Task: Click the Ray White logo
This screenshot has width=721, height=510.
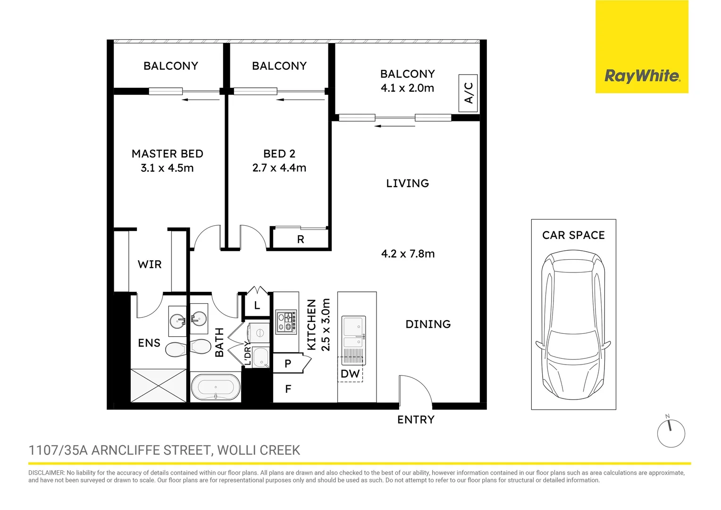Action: [642, 76]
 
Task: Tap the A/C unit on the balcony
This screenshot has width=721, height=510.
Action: [468, 93]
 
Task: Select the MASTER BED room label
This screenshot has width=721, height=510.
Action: [168, 154]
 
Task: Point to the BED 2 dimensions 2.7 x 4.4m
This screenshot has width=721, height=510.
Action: [279, 168]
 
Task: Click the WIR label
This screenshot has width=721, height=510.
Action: [150, 264]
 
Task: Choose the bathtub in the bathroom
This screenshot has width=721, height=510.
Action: [216, 387]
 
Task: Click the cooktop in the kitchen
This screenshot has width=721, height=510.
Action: [286, 322]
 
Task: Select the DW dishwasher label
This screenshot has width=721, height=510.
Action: [350, 374]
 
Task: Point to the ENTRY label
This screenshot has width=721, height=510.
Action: [416, 420]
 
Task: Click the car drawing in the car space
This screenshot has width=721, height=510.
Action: [573, 326]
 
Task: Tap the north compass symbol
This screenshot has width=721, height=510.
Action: [671, 433]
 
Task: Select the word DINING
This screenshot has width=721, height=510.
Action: [428, 324]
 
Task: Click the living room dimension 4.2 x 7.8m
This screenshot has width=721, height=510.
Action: [408, 254]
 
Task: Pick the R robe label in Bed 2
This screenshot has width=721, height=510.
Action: [301, 240]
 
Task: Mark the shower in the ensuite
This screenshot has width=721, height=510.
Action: [159, 385]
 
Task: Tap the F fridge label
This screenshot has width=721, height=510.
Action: [288, 389]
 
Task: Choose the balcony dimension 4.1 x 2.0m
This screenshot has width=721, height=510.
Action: [407, 88]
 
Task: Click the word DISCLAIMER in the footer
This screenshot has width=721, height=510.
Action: [46, 473]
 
